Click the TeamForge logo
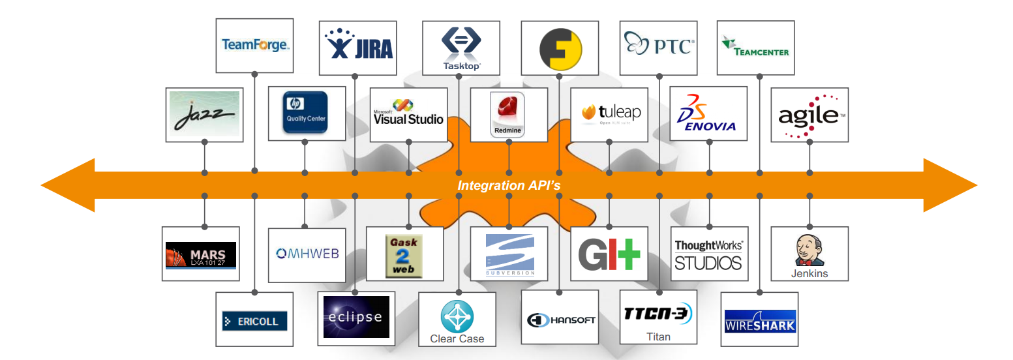tap(254, 45)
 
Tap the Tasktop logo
tap(461, 48)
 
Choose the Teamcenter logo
tap(755, 47)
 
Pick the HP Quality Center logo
tap(306, 112)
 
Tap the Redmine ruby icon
tap(508, 108)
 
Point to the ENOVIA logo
tap(709, 113)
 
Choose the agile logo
tap(809, 116)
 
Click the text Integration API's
tap(509, 185)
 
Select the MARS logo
tap(201, 254)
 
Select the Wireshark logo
tap(760, 321)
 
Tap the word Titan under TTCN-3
tap(658, 337)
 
